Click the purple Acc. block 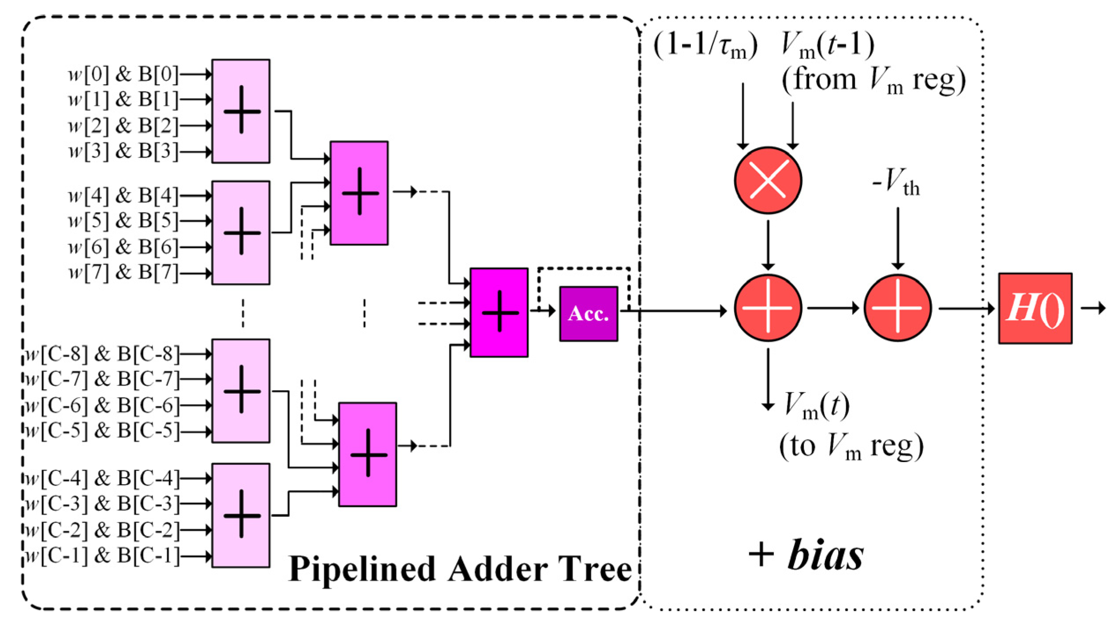click(588, 313)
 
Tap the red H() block click(1035, 308)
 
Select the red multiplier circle click(768, 180)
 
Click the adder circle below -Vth click(897, 308)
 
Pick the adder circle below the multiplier click(768, 308)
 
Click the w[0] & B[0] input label click(124, 75)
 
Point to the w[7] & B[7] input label click(124, 273)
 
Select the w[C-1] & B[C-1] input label click(102, 556)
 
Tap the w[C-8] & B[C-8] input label click(102, 354)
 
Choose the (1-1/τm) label click(705, 46)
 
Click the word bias click(825, 556)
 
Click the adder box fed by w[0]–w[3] click(241, 111)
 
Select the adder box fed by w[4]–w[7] click(241, 232)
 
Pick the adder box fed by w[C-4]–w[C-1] click(241, 515)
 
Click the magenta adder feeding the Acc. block click(499, 312)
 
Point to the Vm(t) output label click(816, 406)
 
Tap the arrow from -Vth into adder click(897, 238)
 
